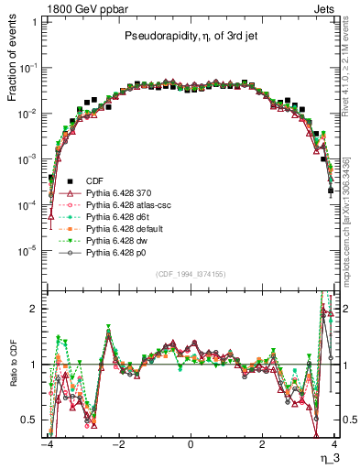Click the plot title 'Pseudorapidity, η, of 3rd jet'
(190, 37)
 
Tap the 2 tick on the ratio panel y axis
(35, 309)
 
